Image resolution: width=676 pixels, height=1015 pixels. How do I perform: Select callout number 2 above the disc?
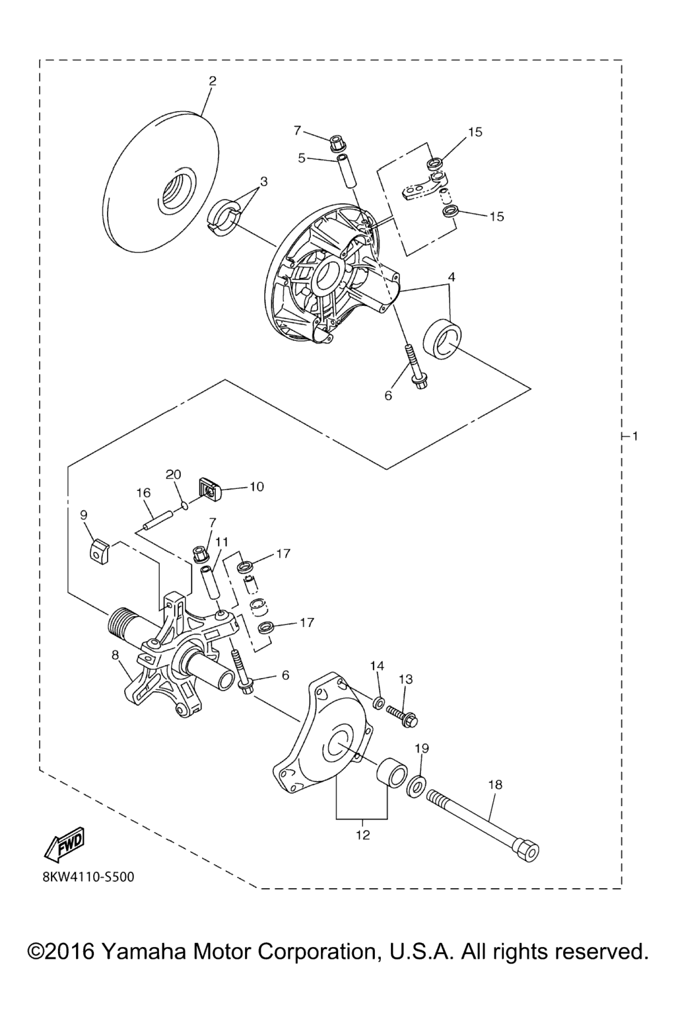pos(213,81)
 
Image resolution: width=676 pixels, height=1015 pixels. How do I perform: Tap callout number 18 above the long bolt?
pos(495,784)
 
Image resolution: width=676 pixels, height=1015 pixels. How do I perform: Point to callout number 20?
pos(174,474)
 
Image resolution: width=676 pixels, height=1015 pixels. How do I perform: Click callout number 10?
pos(256,486)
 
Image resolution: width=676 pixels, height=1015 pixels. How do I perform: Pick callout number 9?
pos(84,515)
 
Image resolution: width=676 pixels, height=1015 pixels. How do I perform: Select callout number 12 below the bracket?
pos(363,835)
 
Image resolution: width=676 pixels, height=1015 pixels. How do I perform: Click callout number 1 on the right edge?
pos(635,436)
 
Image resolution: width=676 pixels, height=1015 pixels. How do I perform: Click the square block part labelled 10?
pos(209,488)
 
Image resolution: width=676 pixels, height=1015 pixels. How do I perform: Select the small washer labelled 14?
pos(379,703)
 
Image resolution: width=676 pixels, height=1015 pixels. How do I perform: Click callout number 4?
pos(452,276)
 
